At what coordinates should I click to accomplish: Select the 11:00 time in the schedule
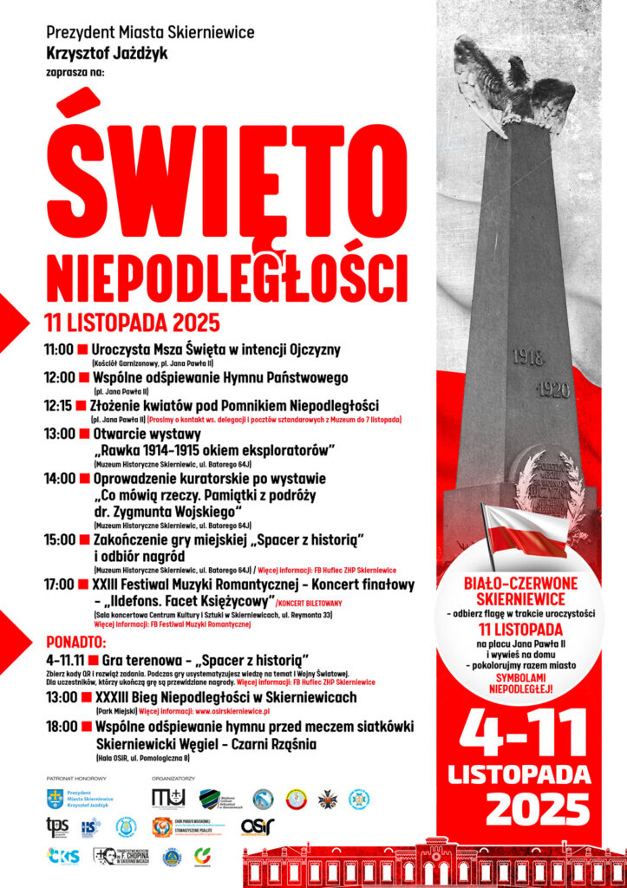click(59, 350)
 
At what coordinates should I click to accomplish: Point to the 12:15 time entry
click(59, 406)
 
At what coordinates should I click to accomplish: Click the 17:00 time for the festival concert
click(59, 585)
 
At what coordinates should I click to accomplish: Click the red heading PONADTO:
click(75, 643)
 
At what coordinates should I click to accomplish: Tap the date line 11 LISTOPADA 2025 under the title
click(131, 324)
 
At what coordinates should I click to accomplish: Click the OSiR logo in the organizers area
click(258, 826)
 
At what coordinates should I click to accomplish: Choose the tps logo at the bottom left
click(57, 826)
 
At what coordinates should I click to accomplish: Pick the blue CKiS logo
click(62, 856)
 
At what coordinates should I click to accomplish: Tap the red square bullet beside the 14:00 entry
click(84, 478)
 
